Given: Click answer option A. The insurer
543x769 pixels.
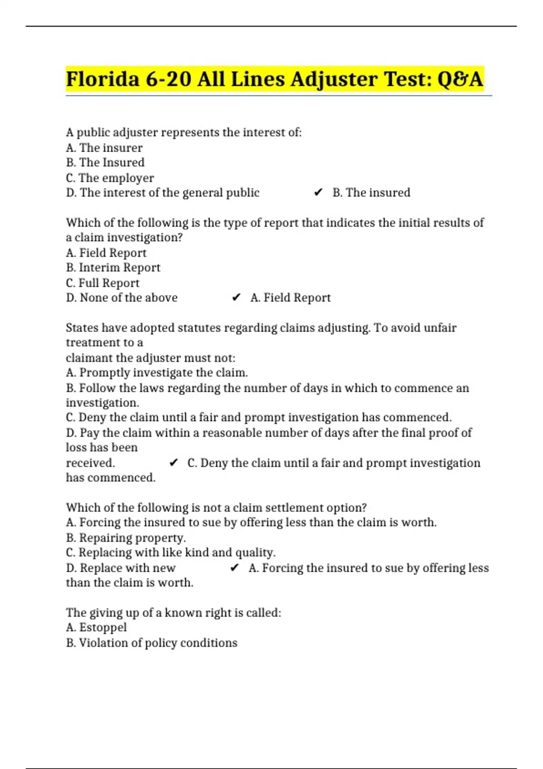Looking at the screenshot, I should (x=104, y=148).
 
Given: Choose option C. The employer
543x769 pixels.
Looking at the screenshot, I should (x=110, y=178).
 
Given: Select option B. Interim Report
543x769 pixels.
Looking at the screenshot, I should (x=113, y=268).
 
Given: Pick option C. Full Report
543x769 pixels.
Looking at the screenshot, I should (x=103, y=283).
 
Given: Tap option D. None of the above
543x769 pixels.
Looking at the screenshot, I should (x=122, y=298).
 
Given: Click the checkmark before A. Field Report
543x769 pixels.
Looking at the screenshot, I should (x=236, y=298).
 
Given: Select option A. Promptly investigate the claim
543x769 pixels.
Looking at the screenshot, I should (x=157, y=373).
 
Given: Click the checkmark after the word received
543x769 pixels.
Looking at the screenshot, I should (x=173, y=463).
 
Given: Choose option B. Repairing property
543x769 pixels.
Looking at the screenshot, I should (x=126, y=538).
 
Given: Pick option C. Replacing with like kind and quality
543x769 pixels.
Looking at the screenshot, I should (x=171, y=553).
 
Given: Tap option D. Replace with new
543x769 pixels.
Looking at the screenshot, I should (x=120, y=568).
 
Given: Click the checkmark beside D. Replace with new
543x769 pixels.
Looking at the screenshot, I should (x=234, y=568).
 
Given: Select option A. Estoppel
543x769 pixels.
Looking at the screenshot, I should (x=96, y=627).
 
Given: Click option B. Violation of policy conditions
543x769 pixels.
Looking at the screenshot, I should (x=152, y=643).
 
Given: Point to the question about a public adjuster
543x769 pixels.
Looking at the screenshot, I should (x=183, y=133).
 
